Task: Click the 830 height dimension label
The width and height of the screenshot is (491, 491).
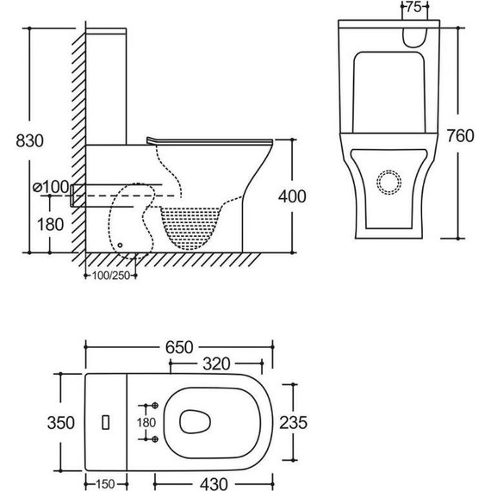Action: (30, 140)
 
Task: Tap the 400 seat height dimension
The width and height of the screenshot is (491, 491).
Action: (292, 196)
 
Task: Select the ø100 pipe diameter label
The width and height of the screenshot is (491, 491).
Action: (51, 187)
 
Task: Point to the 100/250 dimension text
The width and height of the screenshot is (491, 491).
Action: (111, 276)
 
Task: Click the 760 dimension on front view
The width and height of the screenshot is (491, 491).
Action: (460, 136)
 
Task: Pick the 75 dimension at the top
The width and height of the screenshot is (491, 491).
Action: (414, 7)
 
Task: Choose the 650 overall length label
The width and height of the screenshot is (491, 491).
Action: (179, 347)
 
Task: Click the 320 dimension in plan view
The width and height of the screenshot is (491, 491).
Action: (216, 364)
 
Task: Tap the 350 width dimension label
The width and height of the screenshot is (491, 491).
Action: (61, 422)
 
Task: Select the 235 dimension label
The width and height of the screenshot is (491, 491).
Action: (293, 422)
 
